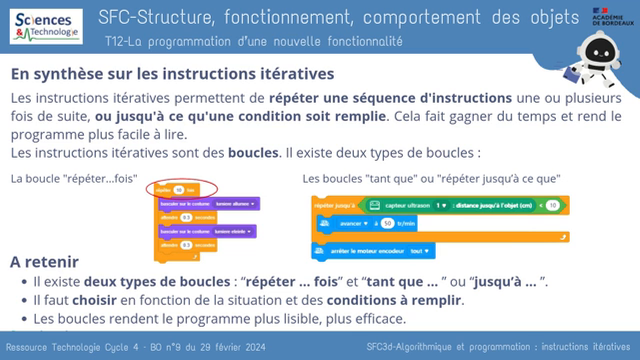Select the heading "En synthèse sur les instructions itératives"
(x=172, y=74)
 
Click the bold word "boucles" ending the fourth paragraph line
(x=253, y=152)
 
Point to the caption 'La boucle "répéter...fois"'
(x=74, y=179)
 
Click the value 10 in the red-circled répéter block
(x=179, y=189)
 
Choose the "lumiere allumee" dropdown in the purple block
(x=234, y=204)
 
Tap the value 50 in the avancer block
(x=388, y=223)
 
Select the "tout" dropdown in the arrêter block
(x=420, y=251)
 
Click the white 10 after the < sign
(x=552, y=205)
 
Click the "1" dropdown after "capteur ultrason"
(x=441, y=205)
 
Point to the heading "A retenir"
(x=44, y=262)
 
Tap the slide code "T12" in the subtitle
(x=114, y=41)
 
